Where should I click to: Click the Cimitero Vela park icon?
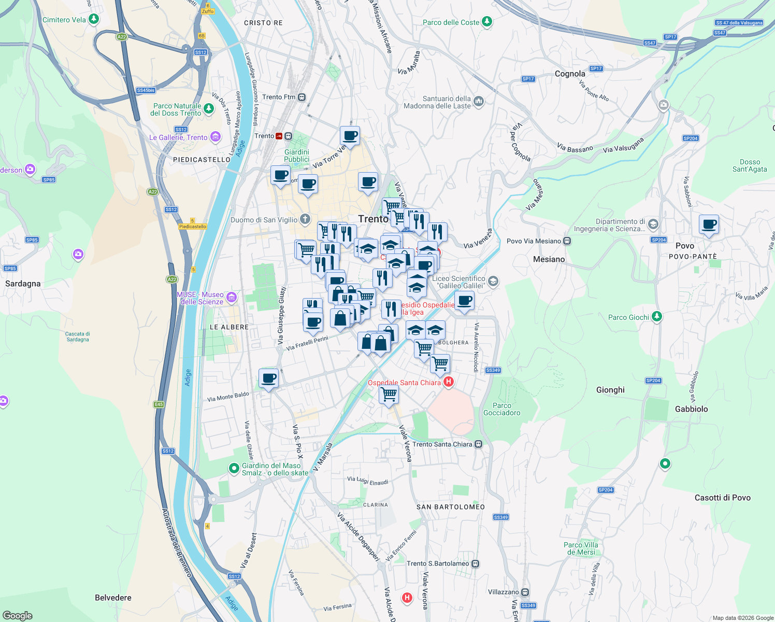93,19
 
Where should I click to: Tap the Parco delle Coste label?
451,22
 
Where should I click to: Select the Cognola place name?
570,74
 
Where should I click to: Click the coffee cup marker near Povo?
709,225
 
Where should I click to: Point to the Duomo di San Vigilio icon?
305,219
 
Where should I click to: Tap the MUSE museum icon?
232,298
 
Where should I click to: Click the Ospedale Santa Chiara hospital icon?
449,382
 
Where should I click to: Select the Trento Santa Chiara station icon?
478,444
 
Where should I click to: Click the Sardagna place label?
23,284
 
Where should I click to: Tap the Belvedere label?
113,598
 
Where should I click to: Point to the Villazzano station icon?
525,592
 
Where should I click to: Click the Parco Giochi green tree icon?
656,316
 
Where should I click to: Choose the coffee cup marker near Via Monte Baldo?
268,379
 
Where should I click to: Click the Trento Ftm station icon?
302,97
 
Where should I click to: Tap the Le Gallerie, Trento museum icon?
215,137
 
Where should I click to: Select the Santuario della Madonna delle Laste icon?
479,102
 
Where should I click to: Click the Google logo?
17,615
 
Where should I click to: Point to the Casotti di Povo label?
722,498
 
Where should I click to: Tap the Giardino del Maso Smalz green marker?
234,468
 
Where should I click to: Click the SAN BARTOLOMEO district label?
451,507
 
